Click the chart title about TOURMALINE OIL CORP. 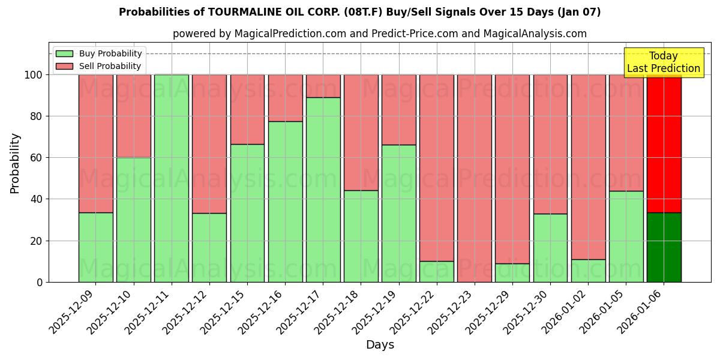[359, 12]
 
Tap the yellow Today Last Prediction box [663, 62]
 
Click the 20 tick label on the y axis [37, 241]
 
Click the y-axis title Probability [15, 163]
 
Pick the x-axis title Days [380, 345]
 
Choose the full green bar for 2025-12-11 [172, 178]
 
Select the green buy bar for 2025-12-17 [323, 190]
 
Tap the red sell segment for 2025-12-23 [474, 178]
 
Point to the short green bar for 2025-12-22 [436, 271]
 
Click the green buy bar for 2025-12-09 [96, 247]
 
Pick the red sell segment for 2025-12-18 [361, 132]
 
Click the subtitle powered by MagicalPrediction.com [379, 34]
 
